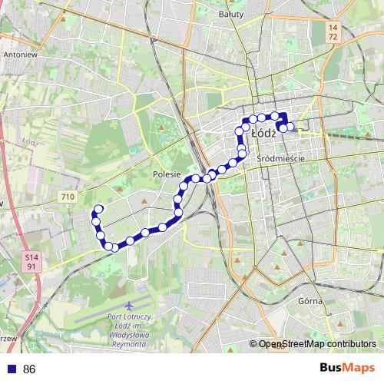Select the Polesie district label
pos(166,174)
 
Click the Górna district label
pos(310,300)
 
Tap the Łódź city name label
pos(263,134)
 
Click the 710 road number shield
pos(68,197)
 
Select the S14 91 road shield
pos(30,261)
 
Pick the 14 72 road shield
pos(332,32)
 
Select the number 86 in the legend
pos(29,369)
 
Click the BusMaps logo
pos(346,369)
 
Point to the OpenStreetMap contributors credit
pos(316,344)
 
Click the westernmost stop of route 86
pos(97,209)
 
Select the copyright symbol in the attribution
pos(253,344)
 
